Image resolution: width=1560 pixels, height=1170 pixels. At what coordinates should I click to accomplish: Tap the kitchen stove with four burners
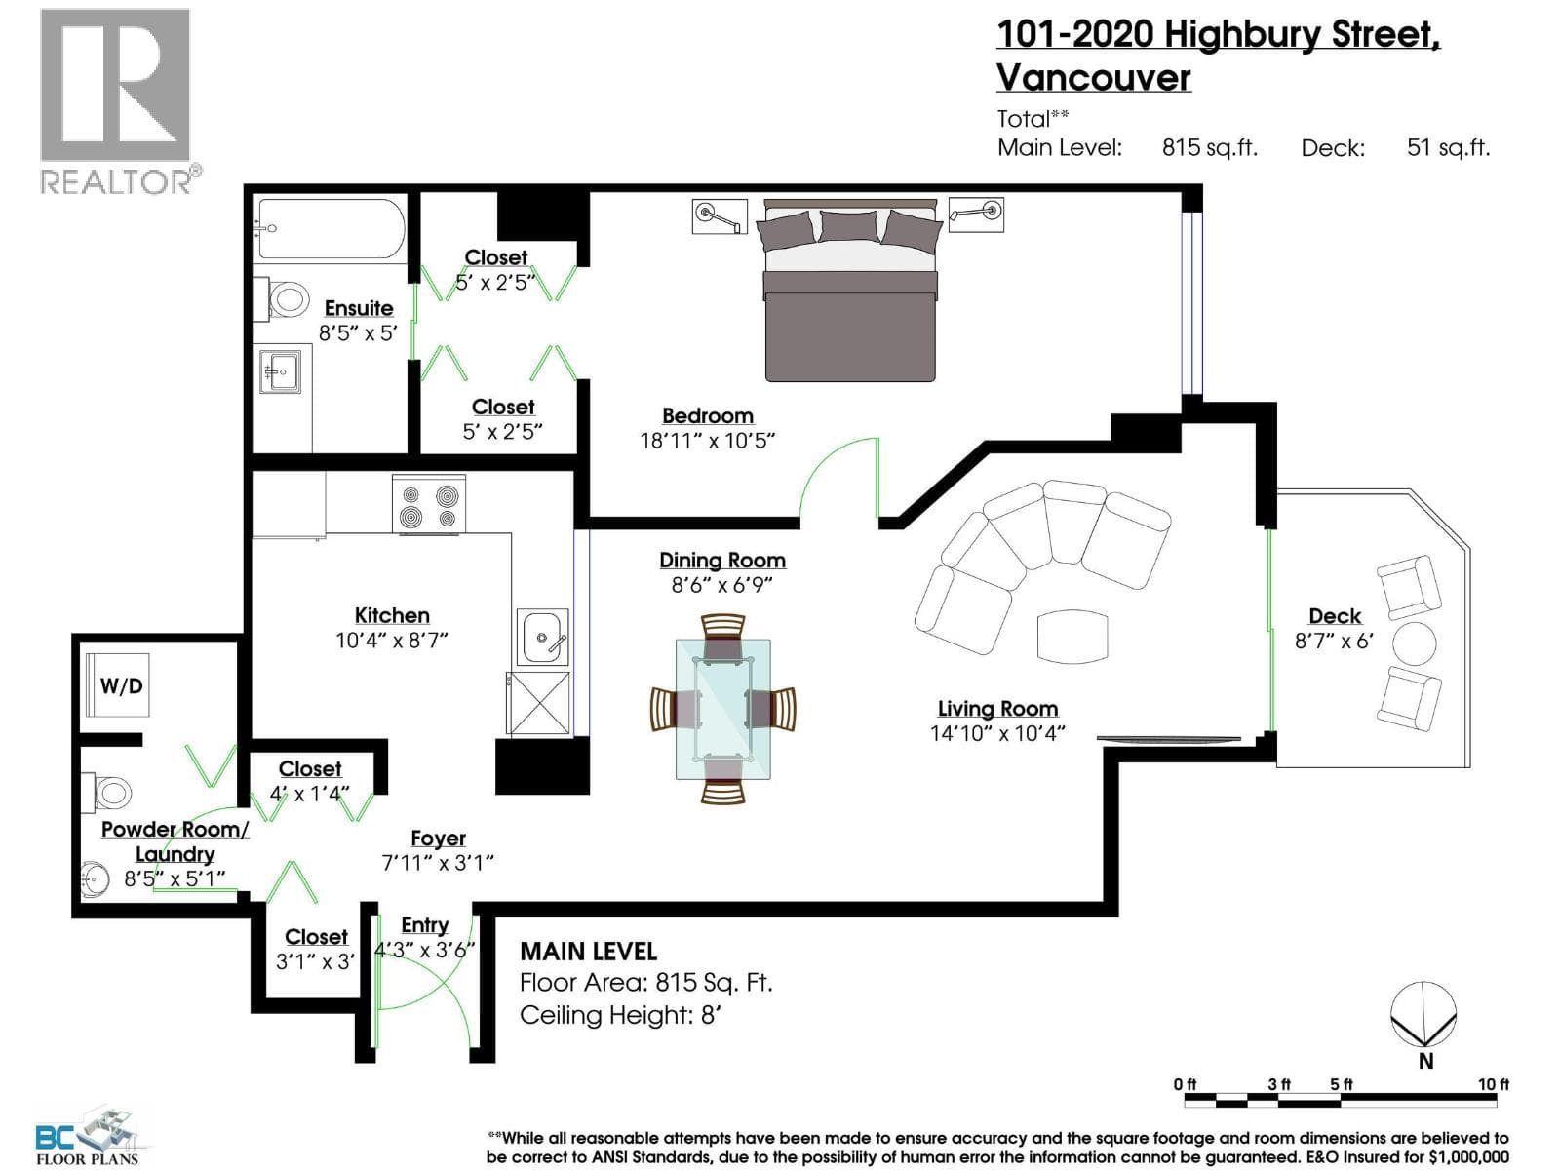[429, 504]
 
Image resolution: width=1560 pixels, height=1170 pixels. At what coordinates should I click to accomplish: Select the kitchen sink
[542, 637]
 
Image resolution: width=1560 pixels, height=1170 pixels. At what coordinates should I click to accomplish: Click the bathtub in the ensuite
[331, 228]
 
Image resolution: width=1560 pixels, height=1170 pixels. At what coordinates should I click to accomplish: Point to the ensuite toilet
[282, 297]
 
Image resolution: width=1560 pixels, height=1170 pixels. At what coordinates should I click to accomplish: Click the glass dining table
[722, 709]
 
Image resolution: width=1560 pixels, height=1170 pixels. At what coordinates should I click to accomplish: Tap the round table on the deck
[1414, 643]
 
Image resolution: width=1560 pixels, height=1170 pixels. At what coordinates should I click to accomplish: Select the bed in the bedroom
[850, 290]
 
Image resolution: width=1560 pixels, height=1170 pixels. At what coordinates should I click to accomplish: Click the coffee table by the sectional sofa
[1072, 636]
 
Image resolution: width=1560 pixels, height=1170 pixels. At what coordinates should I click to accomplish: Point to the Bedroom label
[707, 415]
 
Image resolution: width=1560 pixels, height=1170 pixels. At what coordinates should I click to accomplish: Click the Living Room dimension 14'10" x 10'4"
[997, 733]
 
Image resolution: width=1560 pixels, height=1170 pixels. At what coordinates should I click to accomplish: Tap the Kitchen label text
[392, 615]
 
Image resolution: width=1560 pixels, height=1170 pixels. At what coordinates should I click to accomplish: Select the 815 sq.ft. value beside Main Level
[1210, 148]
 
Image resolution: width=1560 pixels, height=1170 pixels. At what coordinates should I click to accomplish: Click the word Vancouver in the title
[1093, 77]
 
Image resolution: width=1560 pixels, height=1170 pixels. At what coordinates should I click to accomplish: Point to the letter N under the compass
[1425, 1062]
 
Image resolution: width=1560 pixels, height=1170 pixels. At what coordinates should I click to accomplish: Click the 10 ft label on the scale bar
[1493, 1085]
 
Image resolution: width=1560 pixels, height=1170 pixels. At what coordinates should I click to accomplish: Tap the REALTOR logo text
[116, 181]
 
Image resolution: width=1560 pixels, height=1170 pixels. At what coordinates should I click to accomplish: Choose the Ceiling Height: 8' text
[620, 1015]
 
